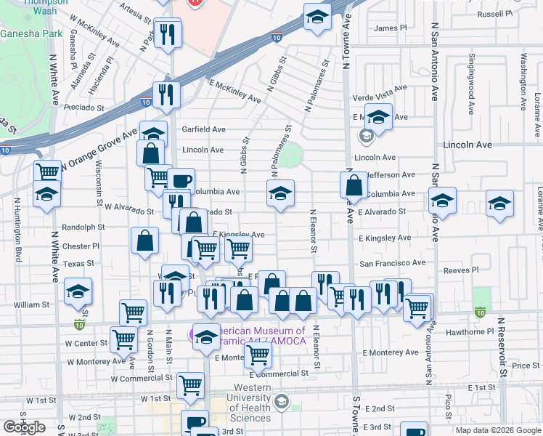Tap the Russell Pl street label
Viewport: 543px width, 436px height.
click(x=495, y=14)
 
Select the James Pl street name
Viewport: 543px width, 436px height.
click(x=390, y=28)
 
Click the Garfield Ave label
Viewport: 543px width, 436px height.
click(x=203, y=129)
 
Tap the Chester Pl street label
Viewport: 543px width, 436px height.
click(x=80, y=246)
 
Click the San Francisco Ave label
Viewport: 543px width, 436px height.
click(x=393, y=262)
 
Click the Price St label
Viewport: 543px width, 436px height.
click(x=526, y=366)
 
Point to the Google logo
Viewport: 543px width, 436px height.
click(x=24, y=427)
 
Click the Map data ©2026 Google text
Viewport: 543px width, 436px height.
click(x=498, y=430)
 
